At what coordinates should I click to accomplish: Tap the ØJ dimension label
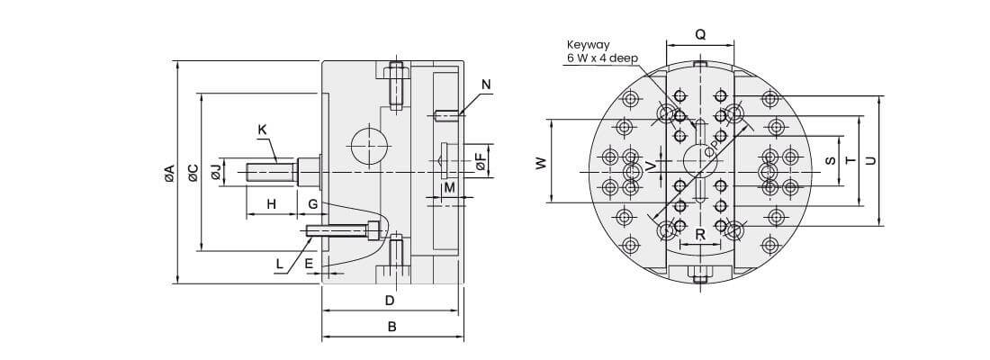coord(216,171)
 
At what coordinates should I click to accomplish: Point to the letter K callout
coord(262,130)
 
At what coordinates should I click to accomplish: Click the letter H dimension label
coord(271,205)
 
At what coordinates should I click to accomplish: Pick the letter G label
coord(312,205)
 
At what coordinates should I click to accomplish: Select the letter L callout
coord(280,264)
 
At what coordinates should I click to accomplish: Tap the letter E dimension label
coord(309,264)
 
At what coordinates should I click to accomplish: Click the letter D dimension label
coord(390,299)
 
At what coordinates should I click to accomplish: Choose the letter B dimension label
coord(391,327)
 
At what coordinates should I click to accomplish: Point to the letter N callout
coord(486,85)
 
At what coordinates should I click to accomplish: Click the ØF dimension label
coord(481,162)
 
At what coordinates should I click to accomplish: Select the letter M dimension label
coord(449,187)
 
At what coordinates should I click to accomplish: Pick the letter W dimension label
coord(540,163)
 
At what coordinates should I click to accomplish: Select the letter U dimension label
coord(869,160)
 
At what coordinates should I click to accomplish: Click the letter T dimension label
coord(850,160)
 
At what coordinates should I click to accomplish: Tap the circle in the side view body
coord(367,144)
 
